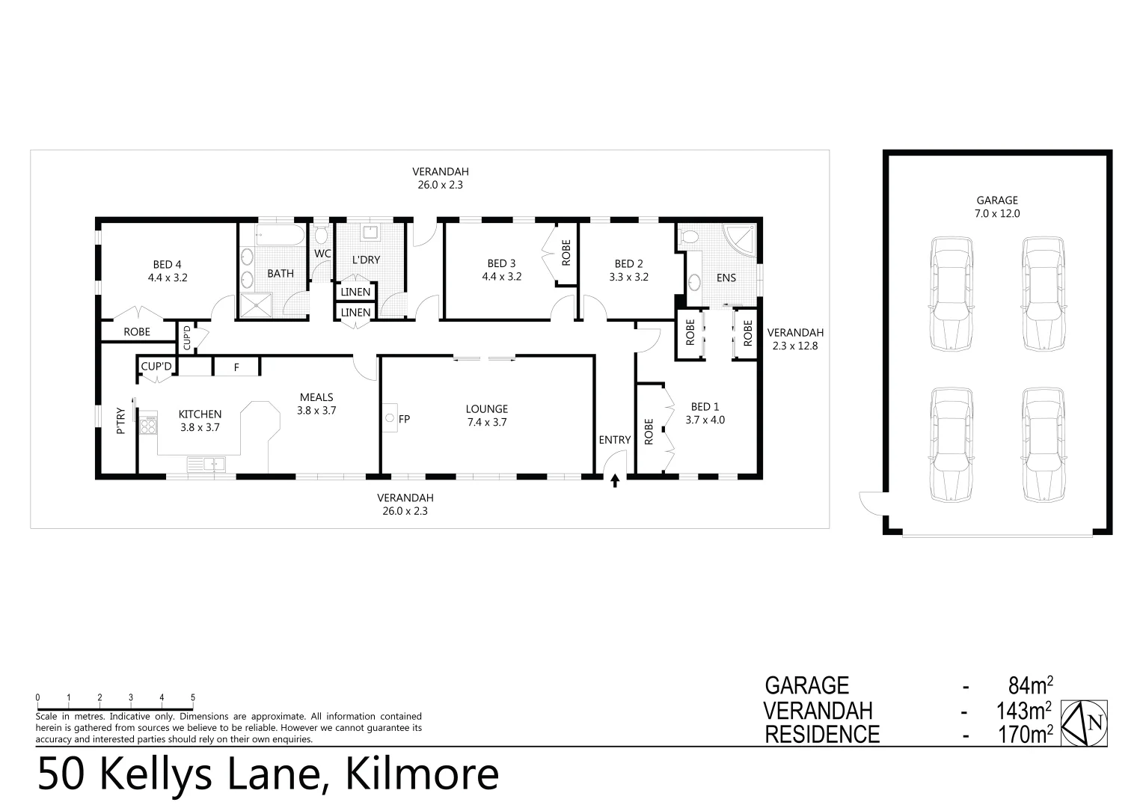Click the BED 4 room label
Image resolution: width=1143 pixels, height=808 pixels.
coord(168,264)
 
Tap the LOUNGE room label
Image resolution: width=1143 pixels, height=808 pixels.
coord(486,409)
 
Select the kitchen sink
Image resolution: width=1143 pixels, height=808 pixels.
coord(206,465)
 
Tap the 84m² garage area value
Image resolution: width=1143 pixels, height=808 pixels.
coord(1030,685)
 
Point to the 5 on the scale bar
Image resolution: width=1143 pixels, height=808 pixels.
coord(193,698)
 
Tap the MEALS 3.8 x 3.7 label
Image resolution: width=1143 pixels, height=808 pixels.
coord(316,403)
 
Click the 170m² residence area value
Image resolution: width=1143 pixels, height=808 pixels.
coord(1026,735)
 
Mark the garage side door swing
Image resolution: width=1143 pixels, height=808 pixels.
coord(871,503)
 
